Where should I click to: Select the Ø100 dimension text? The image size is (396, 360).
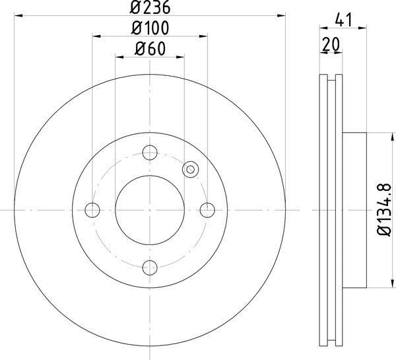[x=150, y=28]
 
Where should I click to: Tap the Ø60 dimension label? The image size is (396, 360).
[x=150, y=48]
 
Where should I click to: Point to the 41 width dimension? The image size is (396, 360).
[x=343, y=20]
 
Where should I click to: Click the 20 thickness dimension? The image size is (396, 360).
[x=331, y=44]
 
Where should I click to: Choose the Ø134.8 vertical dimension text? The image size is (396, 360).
[x=384, y=210]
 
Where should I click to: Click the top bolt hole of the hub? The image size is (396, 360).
[x=150, y=153]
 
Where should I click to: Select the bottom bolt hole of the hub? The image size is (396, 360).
[x=150, y=268]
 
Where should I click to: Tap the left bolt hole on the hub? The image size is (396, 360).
[x=92, y=210]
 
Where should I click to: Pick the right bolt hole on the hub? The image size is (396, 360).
[x=207, y=210]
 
